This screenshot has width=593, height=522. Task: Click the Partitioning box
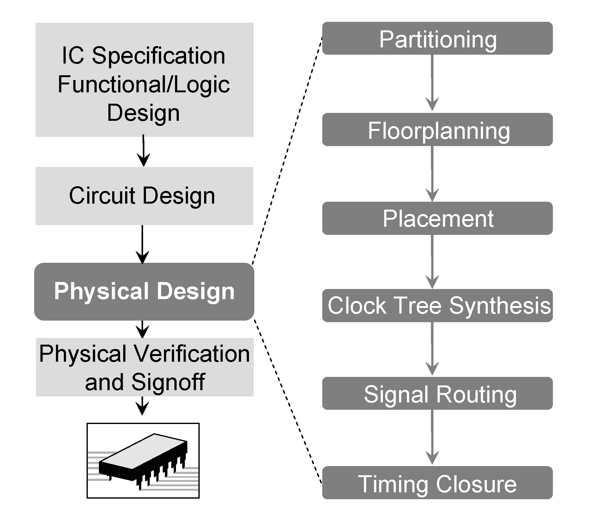click(x=437, y=38)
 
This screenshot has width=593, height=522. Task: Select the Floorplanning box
click(x=437, y=129)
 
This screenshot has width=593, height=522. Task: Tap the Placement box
click(x=437, y=218)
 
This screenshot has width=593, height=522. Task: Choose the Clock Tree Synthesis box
click(x=437, y=305)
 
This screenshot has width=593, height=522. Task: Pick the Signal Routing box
click(x=437, y=393)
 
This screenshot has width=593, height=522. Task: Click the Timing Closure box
click(x=437, y=482)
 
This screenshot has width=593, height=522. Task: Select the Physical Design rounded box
click(x=144, y=291)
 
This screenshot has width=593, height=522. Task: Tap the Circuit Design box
click(x=144, y=196)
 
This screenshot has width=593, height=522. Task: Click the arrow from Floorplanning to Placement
click(x=432, y=174)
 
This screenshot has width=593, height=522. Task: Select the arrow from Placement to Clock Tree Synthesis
click(x=432, y=261)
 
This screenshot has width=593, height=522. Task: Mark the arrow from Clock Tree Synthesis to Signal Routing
click(x=432, y=349)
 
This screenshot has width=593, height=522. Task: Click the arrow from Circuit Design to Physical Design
click(x=142, y=244)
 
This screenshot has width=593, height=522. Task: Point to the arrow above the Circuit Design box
click(x=143, y=151)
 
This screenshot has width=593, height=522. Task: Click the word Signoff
click(x=168, y=382)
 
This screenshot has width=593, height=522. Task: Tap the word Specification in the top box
click(x=159, y=56)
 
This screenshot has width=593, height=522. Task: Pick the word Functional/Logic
click(x=144, y=84)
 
